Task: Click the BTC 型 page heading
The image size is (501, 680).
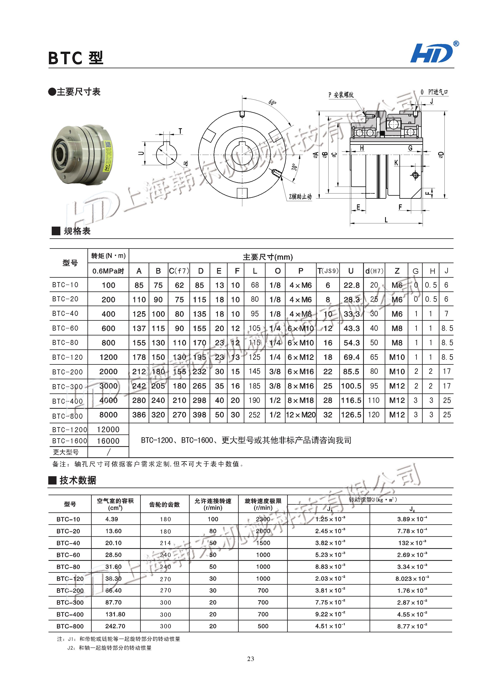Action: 76,58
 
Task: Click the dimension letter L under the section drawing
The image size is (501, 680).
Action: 386,220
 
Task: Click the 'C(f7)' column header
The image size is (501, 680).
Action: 179,271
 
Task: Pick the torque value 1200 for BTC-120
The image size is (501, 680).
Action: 108,357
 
